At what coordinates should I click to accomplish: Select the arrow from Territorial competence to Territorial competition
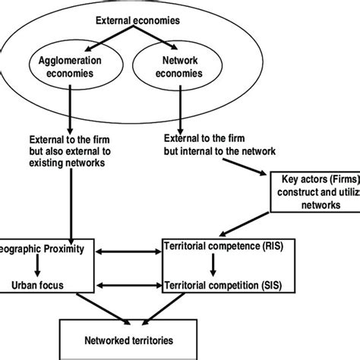click(215, 267)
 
